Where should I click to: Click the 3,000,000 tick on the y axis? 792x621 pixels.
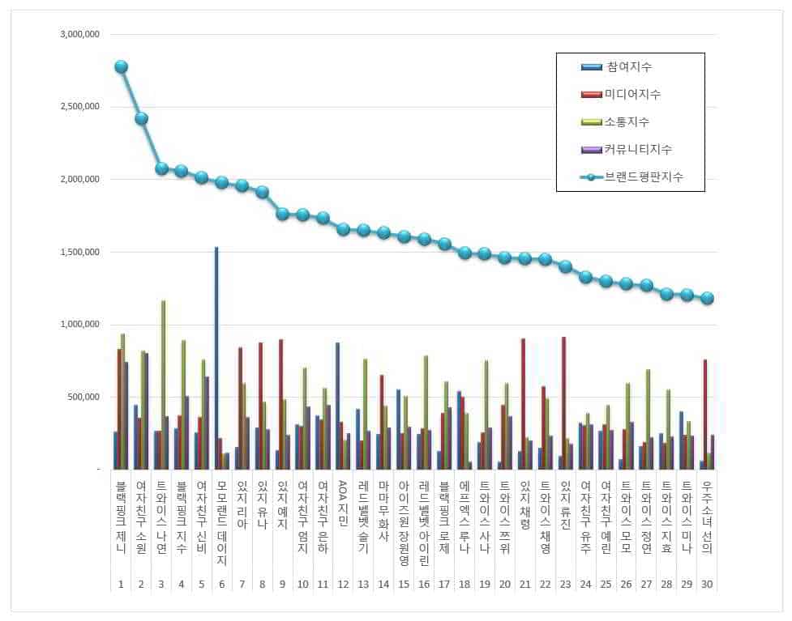pos(79,35)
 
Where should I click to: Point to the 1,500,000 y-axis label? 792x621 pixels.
pos(79,252)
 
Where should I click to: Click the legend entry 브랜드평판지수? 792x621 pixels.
pos(641,177)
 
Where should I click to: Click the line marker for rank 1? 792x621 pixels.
pos(121,66)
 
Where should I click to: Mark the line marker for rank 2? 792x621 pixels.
pos(141,118)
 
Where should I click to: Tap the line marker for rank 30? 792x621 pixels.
pos(707,298)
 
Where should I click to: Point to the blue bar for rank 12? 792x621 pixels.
pos(337,406)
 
